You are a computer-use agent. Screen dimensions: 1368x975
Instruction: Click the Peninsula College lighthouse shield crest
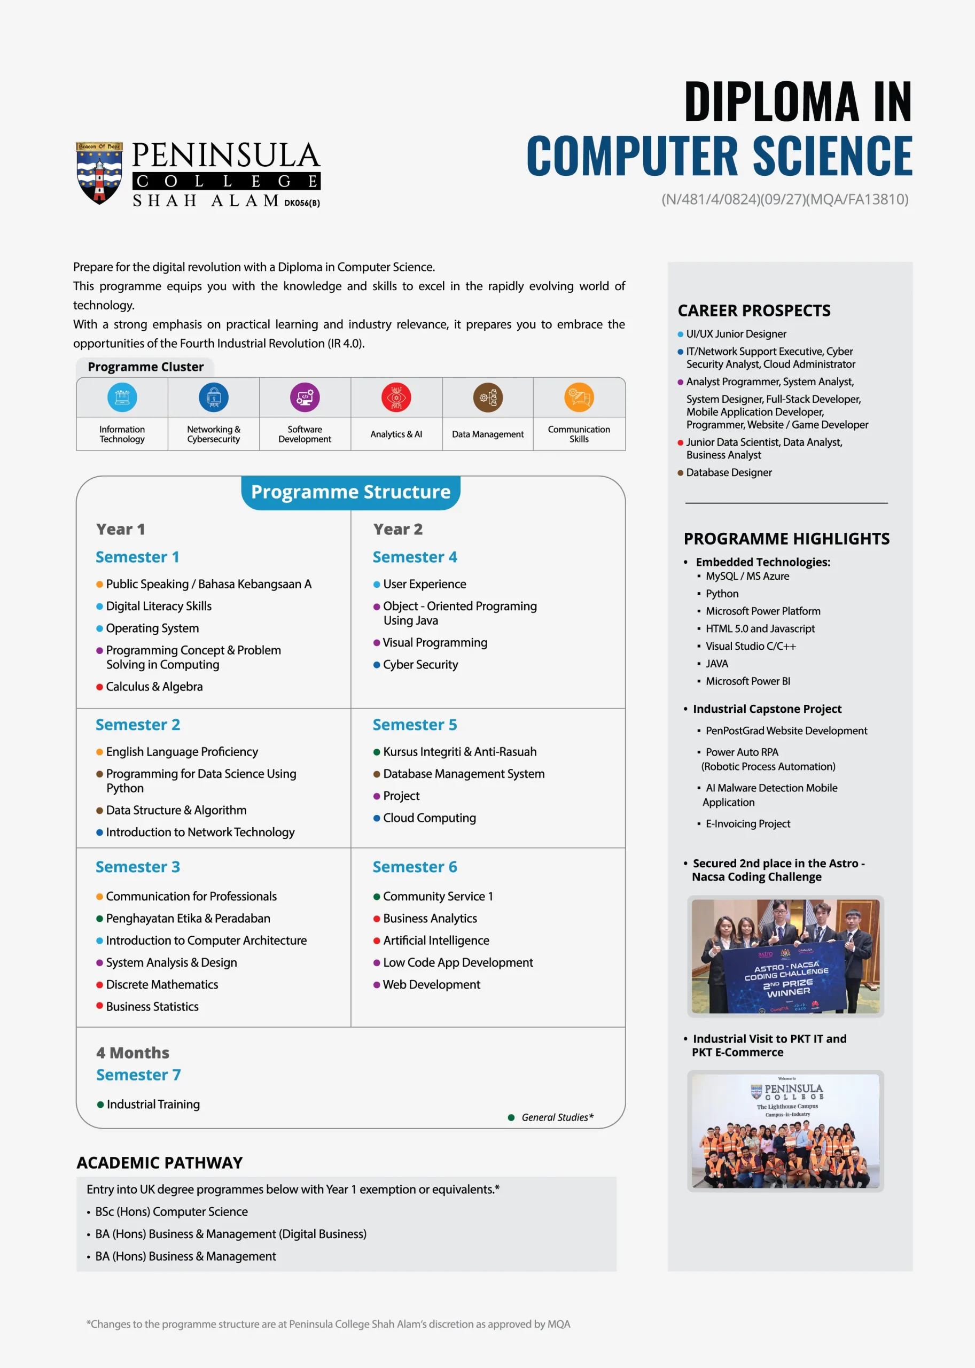tap(99, 173)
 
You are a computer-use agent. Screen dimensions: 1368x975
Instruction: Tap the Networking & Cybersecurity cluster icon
tap(214, 397)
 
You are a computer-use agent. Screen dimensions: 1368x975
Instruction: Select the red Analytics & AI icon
tap(396, 397)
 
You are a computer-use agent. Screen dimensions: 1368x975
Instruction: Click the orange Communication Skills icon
tap(579, 397)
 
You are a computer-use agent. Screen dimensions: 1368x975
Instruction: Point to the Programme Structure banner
tap(350, 492)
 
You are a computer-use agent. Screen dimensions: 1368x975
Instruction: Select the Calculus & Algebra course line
tap(154, 686)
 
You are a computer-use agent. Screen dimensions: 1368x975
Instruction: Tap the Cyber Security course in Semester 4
tap(420, 664)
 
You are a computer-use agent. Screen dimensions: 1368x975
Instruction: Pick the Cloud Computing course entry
tap(429, 818)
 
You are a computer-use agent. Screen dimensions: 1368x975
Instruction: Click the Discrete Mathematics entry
tap(162, 984)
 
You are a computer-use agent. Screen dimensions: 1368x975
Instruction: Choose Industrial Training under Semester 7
tap(153, 1104)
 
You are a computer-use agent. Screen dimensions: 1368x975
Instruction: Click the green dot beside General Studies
tap(511, 1117)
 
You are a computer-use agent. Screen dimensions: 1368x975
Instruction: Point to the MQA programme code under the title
tap(785, 199)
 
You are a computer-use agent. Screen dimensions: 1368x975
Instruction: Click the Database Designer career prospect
tap(729, 472)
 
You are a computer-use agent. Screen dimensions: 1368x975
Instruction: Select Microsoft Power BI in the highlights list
tap(747, 681)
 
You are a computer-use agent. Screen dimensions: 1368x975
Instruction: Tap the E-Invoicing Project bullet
tap(747, 824)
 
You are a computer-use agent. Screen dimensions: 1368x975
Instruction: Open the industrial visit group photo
tap(785, 1131)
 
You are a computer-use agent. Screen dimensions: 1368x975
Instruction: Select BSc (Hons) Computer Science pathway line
tap(171, 1212)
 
